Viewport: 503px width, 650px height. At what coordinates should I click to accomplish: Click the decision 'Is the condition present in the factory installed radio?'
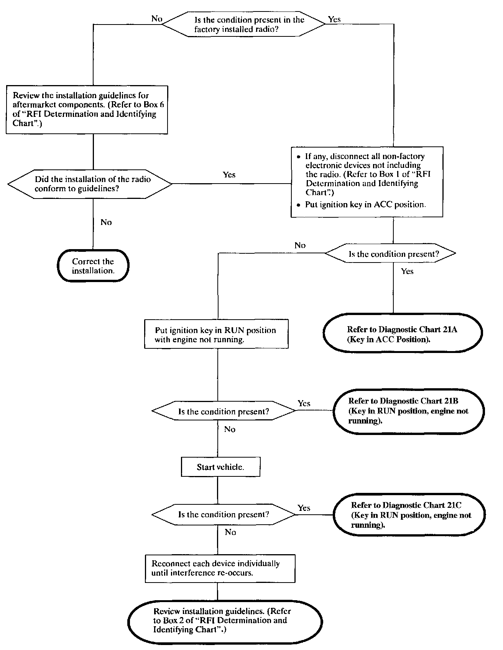[244, 24]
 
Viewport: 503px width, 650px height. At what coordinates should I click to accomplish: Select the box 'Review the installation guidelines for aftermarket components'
[87, 110]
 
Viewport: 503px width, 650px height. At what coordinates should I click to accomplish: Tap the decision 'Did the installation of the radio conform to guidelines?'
[90, 184]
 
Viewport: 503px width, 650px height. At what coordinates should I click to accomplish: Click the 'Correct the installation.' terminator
[93, 266]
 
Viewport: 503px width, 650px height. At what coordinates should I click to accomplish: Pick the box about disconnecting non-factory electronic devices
[367, 182]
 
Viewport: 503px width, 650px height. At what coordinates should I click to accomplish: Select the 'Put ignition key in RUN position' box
[216, 334]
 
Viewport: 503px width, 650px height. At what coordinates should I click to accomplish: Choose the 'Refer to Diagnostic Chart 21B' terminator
[409, 411]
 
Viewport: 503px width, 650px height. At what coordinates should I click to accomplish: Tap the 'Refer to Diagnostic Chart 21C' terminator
[409, 515]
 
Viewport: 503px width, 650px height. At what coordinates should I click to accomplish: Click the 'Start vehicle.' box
[220, 467]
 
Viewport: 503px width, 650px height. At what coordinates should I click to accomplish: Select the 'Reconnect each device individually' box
[220, 568]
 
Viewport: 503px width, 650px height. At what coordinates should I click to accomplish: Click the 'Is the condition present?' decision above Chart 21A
[390, 253]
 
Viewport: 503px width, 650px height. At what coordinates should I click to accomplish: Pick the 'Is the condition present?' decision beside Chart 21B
[224, 411]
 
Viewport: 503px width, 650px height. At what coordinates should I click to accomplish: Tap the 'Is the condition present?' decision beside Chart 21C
[224, 514]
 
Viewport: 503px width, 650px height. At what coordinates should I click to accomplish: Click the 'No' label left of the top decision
[157, 18]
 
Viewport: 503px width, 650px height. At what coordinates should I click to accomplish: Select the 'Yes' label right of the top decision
[334, 19]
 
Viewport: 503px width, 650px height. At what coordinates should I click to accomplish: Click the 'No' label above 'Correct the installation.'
[106, 222]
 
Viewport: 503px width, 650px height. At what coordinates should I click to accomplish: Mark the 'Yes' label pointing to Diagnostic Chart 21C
[304, 508]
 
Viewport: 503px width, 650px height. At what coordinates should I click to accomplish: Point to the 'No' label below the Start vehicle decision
[230, 532]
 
